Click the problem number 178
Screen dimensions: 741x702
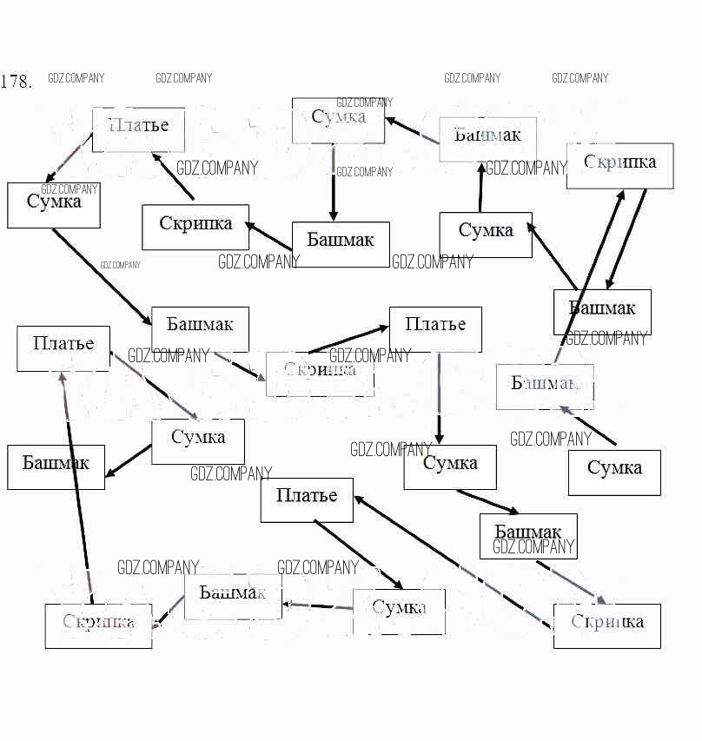17,83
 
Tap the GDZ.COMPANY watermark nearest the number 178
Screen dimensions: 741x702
76,78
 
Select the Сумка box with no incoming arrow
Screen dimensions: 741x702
614,472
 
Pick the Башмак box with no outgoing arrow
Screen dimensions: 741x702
56,466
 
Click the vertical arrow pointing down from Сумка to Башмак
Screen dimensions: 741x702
334,182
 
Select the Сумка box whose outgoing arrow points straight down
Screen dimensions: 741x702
338,120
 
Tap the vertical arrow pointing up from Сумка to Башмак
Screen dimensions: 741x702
480,187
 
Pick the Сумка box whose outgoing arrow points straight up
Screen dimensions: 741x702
485,235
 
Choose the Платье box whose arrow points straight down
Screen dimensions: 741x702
435,328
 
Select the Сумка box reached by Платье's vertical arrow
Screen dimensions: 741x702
449,466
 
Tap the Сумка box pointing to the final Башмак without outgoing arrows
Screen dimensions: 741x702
197,440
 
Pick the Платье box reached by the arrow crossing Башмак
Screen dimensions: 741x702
63,347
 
